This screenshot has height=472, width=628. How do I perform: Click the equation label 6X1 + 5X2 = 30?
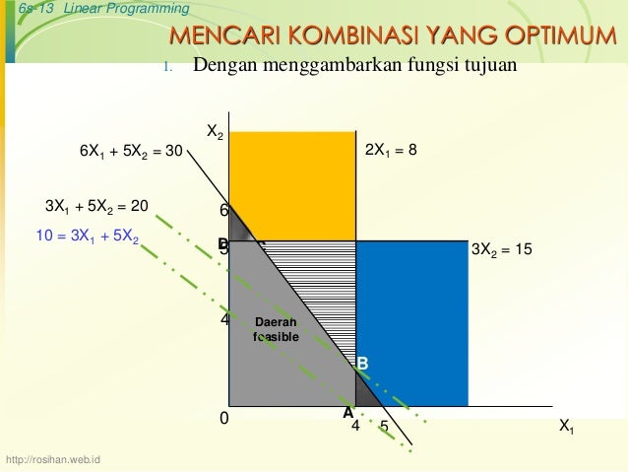click(x=132, y=152)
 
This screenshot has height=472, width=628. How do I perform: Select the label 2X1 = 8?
click(x=391, y=151)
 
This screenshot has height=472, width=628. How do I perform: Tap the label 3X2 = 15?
click(x=502, y=251)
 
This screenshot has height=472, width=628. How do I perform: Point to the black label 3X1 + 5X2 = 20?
click(x=96, y=206)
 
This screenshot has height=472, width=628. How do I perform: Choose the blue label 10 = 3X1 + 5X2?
click(x=87, y=237)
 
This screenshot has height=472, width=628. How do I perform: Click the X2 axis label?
click(x=214, y=132)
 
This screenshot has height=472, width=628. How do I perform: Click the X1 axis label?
click(x=567, y=427)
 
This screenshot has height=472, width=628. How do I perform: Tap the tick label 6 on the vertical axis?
click(x=223, y=211)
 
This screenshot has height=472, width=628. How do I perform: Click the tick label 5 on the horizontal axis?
click(x=384, y=428)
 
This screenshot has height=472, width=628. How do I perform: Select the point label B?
click(x=362, y=365)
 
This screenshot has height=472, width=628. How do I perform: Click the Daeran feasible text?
click(x=276, y=330)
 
